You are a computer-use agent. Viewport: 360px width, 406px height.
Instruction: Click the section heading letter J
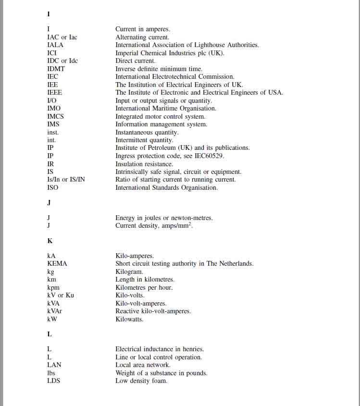tap(49, 202)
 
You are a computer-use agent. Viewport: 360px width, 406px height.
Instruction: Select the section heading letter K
tap(50, 241)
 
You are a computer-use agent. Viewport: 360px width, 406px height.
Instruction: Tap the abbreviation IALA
tap(55, 45)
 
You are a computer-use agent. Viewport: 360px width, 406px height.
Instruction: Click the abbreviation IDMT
tap(56, 69)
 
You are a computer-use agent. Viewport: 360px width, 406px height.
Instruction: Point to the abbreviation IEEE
tap(54, 93)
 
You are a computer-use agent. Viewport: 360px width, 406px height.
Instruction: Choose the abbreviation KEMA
tap(57, 264)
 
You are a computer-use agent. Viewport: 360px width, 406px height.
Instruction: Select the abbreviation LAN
tap(54, 365)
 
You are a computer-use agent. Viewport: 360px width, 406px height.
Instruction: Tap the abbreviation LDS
tap(53, 381)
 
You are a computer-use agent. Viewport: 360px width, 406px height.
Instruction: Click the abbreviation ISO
tap(52, 188)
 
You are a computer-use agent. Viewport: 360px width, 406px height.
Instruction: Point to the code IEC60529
tap(208, 156)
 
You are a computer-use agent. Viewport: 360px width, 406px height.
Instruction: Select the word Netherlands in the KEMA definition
tap(236, 264)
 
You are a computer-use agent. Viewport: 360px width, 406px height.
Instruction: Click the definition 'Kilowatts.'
tap(129, 320)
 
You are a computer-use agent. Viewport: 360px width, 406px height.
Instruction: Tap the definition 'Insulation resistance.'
tap(144, 164)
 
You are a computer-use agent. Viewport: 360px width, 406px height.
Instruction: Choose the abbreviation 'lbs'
tap(51, 373)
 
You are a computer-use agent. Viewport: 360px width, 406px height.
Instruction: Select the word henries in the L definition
tap(191, 349)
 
